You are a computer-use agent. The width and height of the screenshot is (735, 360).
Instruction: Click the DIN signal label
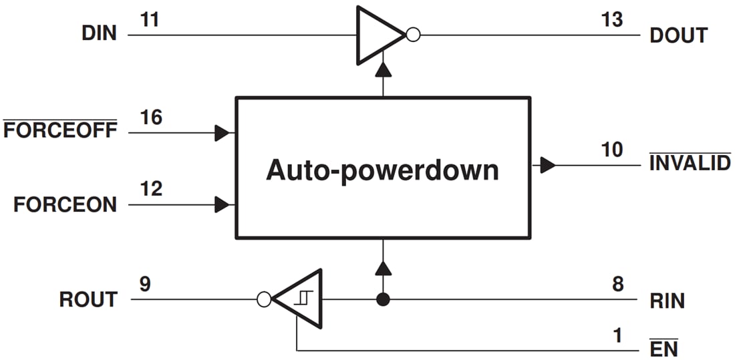(99, 33)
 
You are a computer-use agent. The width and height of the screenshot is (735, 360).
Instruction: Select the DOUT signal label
(678, 35)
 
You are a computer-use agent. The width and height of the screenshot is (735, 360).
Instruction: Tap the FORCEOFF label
(60, 130)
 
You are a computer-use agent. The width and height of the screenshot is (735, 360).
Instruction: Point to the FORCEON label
(65, 204)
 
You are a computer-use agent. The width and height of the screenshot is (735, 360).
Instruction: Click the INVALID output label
(690, 163)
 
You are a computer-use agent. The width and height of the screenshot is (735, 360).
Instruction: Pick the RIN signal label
(667, 301)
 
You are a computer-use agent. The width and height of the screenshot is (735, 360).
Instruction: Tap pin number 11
(151, 20)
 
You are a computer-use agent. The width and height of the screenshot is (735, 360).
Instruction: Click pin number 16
(151, 118)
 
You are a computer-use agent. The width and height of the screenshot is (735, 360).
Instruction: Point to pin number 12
(151, 189)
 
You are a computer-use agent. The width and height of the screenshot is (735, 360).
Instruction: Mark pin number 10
(611, 150)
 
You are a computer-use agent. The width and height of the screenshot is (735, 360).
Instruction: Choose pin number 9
(145, 285)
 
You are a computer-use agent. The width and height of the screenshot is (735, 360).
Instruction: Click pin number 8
(618, 285)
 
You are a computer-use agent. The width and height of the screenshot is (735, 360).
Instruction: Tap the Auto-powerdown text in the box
(382, 170)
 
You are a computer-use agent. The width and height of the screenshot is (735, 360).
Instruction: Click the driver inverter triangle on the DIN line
(378, 35)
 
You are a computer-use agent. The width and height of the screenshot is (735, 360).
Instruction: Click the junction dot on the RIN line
(383, 300)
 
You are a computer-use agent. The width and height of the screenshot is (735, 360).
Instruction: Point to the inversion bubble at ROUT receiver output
(265, 300)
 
